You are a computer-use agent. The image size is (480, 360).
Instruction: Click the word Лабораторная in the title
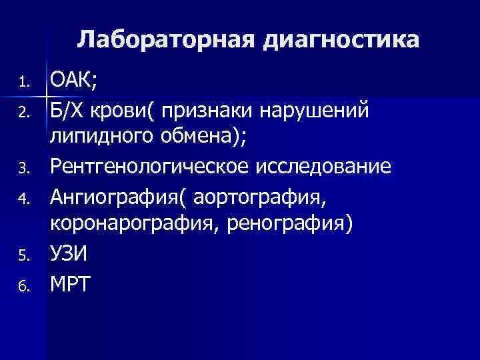167,40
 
